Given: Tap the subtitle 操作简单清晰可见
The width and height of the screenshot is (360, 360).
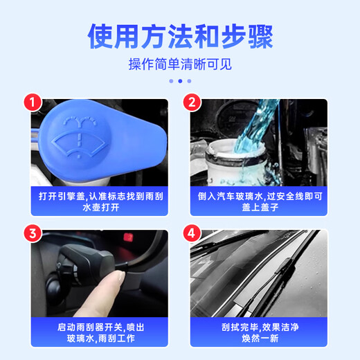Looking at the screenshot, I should click(180, 64).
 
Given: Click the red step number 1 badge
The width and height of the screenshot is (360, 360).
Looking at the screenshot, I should click(31, 103).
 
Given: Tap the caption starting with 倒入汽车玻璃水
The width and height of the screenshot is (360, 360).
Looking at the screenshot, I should click(258, 201).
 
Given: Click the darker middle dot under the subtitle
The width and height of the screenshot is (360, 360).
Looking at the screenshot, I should click(180, 81).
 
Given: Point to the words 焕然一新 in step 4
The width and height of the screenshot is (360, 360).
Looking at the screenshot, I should click(258, 338).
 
